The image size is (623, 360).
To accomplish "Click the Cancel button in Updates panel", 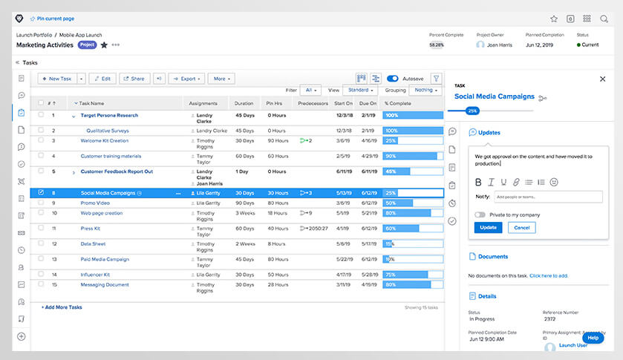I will [x=521, y=227].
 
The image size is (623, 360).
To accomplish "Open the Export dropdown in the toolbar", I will [x=186, y=78].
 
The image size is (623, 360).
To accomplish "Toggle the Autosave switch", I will [x=393, y=78].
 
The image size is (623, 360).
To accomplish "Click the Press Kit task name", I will [x=91, y=228].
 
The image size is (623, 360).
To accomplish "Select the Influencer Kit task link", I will [x=95, y=274].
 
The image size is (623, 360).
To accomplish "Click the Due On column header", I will [x=368, y=103].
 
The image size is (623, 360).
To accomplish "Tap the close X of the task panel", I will [x=602, y=79].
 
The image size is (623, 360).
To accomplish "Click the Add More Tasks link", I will [x=62, y=307].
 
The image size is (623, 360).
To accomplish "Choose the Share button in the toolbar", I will [x=134, y=78].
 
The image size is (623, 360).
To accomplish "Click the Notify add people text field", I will [x=547, y=197].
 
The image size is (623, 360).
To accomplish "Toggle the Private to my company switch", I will [x=480, y=215].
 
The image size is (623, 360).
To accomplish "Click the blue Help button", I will [x=593, y=338].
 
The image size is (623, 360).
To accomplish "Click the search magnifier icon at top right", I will [x=604, y=19].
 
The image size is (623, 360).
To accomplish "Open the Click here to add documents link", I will [x=549, y=275].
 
